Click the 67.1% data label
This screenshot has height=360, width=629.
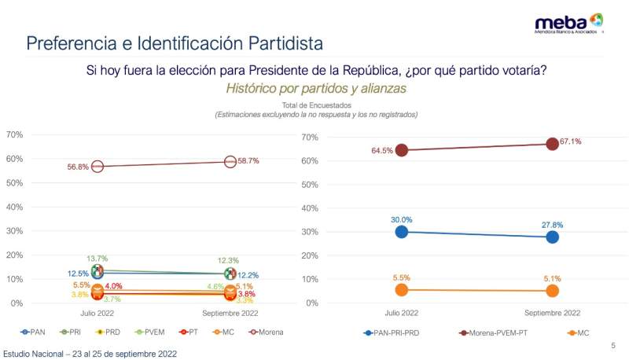click(x=571, y=141)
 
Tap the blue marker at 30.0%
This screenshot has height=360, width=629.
click(x=402, y=232)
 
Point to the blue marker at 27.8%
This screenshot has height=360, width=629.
click(x=553, y=237)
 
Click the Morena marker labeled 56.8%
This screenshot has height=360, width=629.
click(x=97, y=167)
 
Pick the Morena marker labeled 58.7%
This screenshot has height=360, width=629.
click(x=230, y=161)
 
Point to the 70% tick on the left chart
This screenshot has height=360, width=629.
click(x=14, y=134)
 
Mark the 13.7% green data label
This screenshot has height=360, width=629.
click(x=97, y=259)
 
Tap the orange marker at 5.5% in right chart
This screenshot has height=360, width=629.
click(x=402, y=290)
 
